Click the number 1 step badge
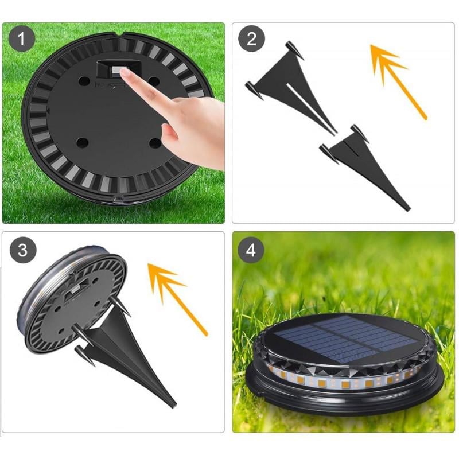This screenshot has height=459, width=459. (x=22, y=38)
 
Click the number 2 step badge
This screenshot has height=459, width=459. (x=251, y=38)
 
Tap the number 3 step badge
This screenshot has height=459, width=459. (x=23, y=251)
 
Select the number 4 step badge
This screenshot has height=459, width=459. (x=251, y=250)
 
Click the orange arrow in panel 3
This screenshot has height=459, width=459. (x=178, y=299)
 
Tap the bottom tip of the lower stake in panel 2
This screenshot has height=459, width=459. (x=409, y=209)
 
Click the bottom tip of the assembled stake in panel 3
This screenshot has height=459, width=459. (x=174, y=406)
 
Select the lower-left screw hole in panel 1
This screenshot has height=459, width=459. (x=83, y=143)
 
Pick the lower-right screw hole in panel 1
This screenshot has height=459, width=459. (x=155, y=143)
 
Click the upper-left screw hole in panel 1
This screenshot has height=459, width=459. (x=84, y=80)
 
